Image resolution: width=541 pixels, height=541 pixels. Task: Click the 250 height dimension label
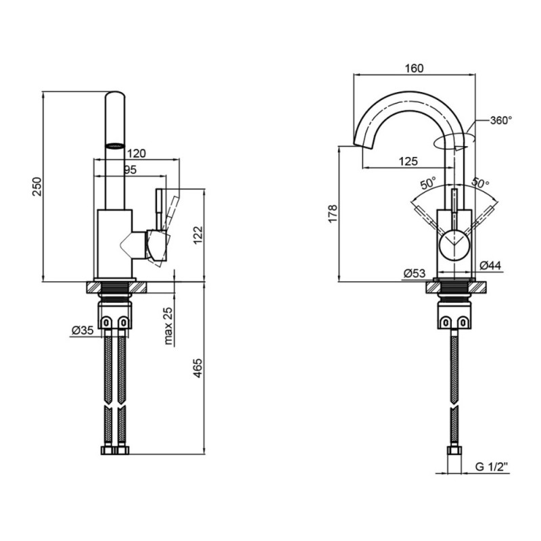[x=37, y=187]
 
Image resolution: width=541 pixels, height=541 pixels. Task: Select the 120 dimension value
[x=137, y=154]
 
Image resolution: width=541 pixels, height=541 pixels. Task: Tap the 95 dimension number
[x=130, y=170]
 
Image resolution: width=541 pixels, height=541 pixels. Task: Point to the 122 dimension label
[x=198, y=235]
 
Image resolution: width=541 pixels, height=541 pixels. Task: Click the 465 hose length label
[x=197, y=368]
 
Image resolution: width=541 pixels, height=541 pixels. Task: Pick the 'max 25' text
[x=168, y=326]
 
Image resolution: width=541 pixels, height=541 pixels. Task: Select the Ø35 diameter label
[x=83, y=331]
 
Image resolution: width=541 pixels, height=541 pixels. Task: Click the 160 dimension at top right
[x=414, y=68]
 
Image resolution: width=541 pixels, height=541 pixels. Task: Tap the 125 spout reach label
[x=408, y=161]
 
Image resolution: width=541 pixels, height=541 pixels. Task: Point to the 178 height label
[x=333, y=214]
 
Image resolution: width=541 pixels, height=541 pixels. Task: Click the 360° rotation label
[x=500, y=120]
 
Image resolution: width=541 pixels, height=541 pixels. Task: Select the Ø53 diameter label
[x=415, y=273]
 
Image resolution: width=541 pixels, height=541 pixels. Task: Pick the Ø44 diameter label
[x=490, y=265]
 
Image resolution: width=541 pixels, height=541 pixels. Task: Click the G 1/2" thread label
[x=492, y=467]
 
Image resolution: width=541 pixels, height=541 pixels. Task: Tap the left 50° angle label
[x=428, y=183]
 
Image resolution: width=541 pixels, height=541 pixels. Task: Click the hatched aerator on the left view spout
[x=114, y=146]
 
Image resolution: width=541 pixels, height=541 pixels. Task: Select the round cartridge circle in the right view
[x=454, y=245]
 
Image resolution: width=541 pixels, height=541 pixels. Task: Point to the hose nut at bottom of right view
[x=454, y=450]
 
